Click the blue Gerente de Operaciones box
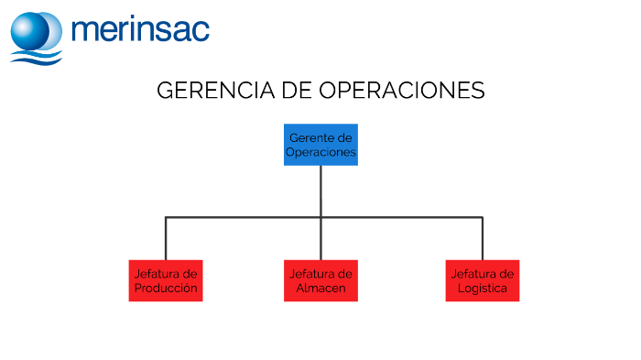click(x=320, y=145)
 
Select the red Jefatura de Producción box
click(x=166, y=280)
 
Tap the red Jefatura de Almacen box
click(x=320, y=280)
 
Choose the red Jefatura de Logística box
click(x=483, y=280)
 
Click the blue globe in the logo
click(x=36, y=30)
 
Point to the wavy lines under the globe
click(x=37, y=57)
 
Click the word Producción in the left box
click(x=166, y=288)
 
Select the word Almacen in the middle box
click(x=320, y=288)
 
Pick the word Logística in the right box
click(x=483, y=288)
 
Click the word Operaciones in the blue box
click(x=320, y=152)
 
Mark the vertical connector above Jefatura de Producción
click(x=166, y=238)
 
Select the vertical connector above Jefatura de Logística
click(x=483, y=238)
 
